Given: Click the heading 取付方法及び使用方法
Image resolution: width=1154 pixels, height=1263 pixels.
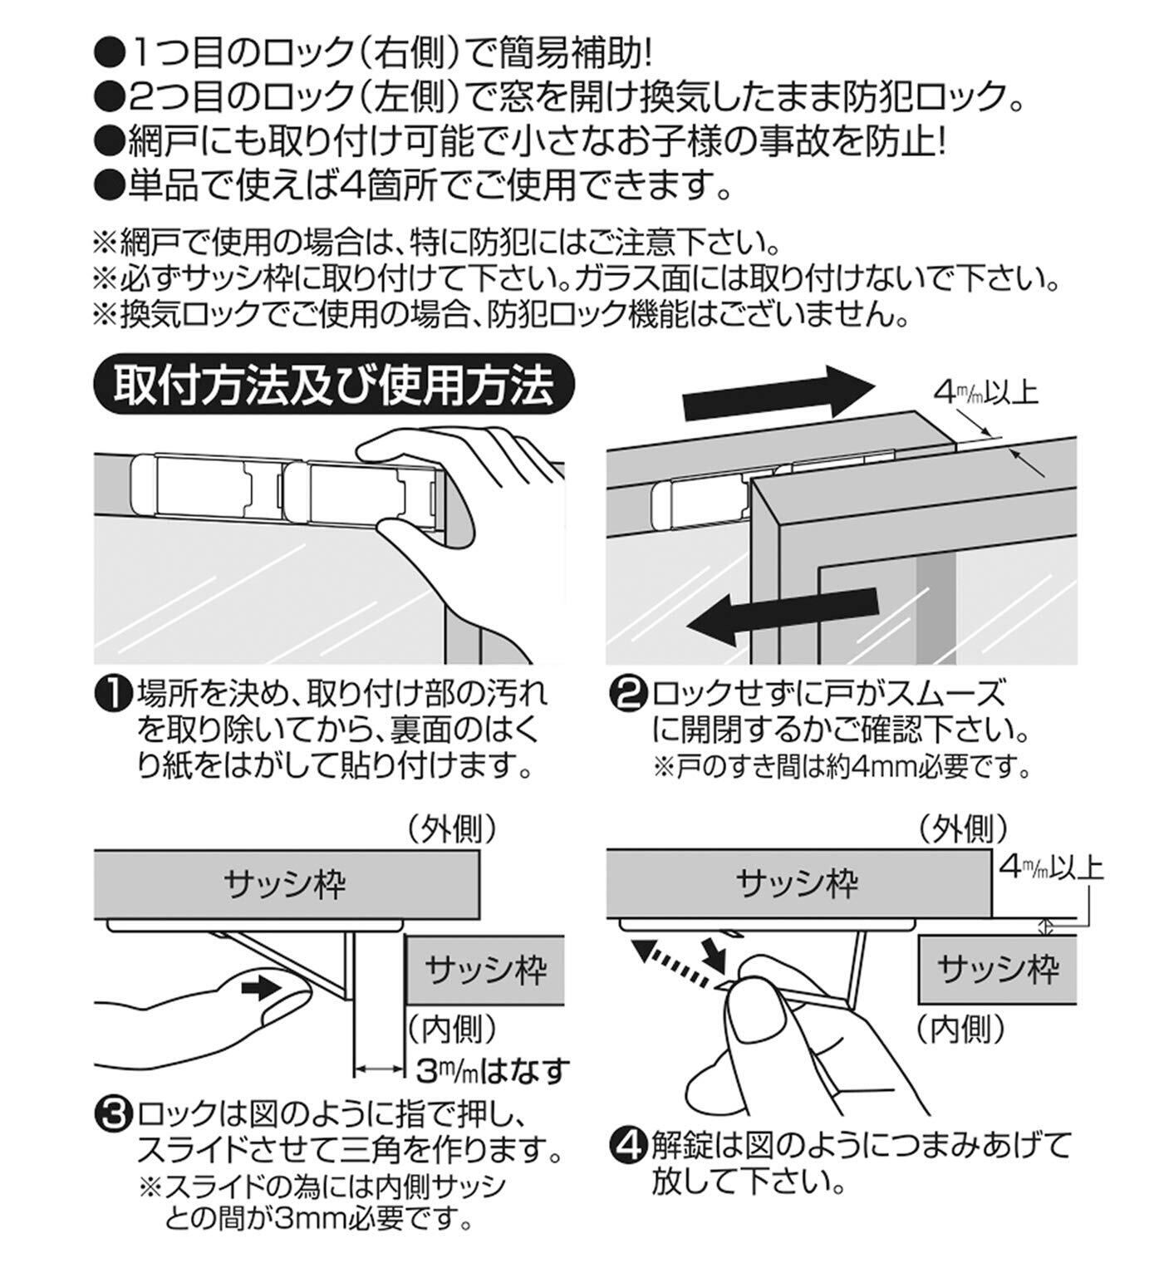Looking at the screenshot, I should coord(333,388).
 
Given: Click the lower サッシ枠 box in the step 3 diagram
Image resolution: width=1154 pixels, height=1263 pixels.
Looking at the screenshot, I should coord(485,969).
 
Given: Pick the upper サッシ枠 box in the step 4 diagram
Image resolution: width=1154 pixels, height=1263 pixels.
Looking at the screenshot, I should coord(798,883).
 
